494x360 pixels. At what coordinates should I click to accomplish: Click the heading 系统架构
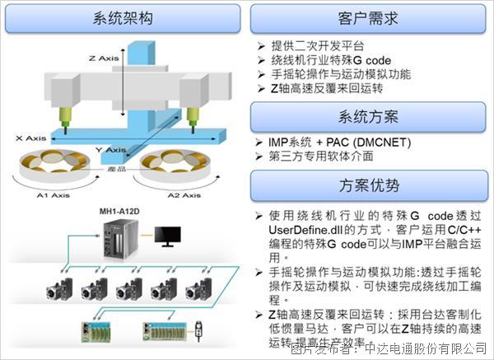pos(123,18)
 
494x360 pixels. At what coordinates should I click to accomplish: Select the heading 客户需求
pos(368,18)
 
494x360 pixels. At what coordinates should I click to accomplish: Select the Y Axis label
pos(109,150)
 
